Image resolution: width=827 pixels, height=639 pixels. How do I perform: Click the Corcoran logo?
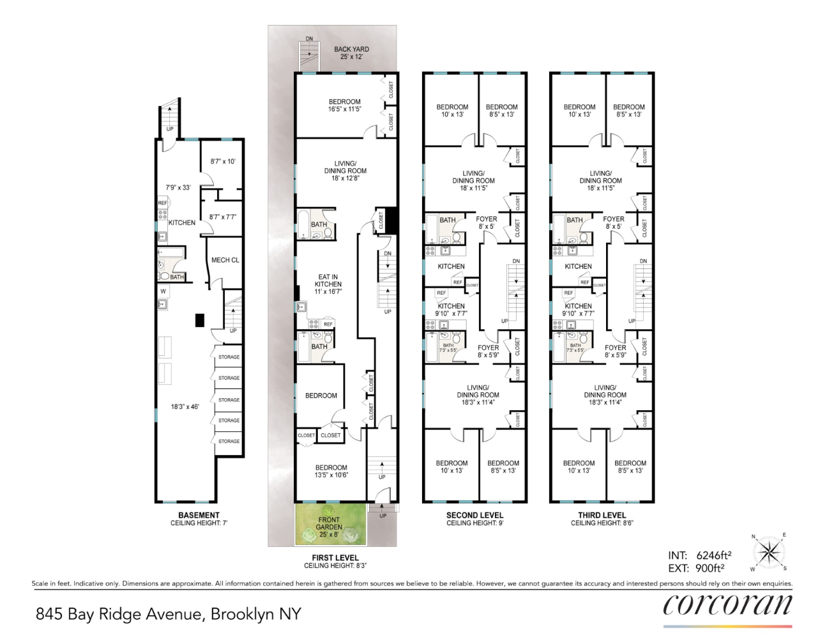[727, 605]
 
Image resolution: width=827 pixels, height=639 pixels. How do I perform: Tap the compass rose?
[769, 553]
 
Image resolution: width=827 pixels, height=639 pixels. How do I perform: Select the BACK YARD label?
[351, 52]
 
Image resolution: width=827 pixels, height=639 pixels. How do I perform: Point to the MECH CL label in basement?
[225, 260]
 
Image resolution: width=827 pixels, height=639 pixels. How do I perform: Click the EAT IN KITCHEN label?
[328, 284]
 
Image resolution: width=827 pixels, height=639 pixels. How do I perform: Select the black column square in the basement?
[199, 320]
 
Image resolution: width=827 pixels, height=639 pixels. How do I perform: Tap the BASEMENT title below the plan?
[199, 515]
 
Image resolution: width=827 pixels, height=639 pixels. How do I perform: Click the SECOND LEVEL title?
[474, 515]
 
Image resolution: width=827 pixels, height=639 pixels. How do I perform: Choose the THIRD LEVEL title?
[602, 515]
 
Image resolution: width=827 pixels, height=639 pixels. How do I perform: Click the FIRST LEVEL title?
[335, 558]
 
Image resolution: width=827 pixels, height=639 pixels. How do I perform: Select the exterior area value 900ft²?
[709, 568]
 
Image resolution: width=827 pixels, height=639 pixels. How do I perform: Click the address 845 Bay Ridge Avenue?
[168, 614]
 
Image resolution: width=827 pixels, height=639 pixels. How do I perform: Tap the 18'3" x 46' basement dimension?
[185, 406]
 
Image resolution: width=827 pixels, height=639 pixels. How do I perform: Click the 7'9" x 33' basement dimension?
[178, 187]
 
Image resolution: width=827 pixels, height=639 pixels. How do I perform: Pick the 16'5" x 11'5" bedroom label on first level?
[344, 105]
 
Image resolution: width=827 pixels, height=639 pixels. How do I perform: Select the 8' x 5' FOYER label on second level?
[486, 222]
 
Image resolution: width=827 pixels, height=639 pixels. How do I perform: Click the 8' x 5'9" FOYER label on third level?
[615, 351]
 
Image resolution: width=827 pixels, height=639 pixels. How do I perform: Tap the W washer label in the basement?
[163, 291]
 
